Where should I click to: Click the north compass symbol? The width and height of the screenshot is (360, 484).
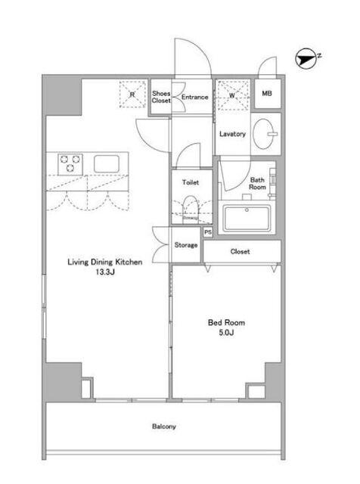coord(306,60)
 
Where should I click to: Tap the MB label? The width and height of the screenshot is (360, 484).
coord(267,93)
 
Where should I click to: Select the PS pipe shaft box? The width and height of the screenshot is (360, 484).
coord(208,232)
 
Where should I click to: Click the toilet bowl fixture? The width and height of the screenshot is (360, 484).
coord(191,209)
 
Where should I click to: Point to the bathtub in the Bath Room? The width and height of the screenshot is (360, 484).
coord(247,219)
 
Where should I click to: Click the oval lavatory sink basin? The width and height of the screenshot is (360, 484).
coord(263,134)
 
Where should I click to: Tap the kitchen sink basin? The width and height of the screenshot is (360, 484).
coord(107,163)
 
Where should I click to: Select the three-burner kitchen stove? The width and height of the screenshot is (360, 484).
coord(70,164)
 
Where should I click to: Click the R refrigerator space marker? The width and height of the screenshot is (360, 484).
coord(132,94)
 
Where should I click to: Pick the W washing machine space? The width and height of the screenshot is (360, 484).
coord(232,95)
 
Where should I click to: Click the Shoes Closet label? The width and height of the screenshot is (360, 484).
coord(161,97)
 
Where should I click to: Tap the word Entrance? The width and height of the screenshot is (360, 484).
coord(195,97)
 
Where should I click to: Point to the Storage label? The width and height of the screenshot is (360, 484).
coord(186,245)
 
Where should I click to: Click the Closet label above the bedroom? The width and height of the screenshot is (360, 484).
coord(240,252)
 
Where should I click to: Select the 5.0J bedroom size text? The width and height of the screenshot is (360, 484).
coord(226,333)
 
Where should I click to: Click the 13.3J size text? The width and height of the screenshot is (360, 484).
coord(105,272)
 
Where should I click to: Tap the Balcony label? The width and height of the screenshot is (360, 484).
coord(163,427)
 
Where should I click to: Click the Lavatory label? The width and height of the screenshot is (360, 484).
coord(232,134)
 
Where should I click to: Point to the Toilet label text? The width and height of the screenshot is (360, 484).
coord(191,182)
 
